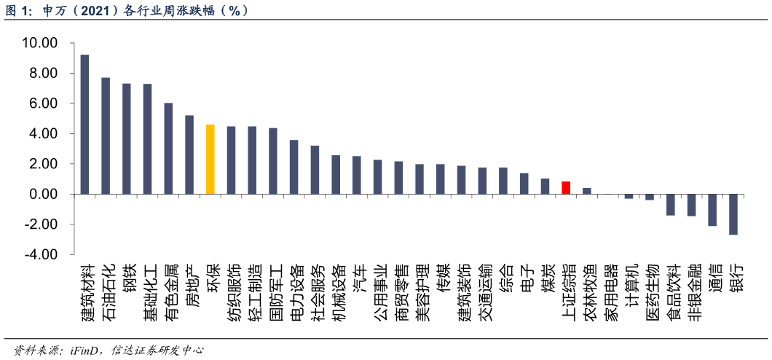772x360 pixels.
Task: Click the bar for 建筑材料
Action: click(84, 124)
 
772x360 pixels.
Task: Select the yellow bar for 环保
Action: click(210, 159)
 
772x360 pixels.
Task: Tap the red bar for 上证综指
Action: click(565, 187)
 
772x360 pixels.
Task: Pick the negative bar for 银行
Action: click(733, 214)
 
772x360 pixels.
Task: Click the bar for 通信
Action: click(712, 210)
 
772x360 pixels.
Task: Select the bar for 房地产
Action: click(189, 154)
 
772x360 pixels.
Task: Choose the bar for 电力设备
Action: click(294, 167)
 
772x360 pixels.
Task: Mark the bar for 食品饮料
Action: click(670, 205)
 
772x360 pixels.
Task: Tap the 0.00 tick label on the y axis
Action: click(43, 195)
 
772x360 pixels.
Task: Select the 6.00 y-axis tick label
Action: click(43, 103)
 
